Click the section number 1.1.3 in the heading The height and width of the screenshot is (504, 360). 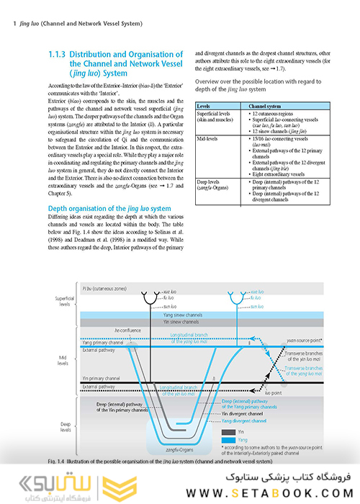[60, 55]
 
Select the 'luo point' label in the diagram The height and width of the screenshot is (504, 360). [273, 393]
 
